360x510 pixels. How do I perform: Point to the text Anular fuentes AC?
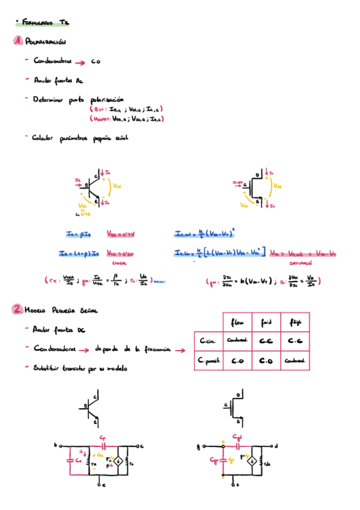(x=53, y=79)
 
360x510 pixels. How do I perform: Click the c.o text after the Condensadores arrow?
(x=96, y=61)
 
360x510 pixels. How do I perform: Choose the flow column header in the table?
(x=237, y=321)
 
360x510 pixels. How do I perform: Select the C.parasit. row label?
(x=208, y=361)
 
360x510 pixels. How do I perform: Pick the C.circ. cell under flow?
(x=237, y=341)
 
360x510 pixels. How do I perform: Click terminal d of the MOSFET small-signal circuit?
(x=276, y=446)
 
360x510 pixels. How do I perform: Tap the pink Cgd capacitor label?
(x=239, y=438)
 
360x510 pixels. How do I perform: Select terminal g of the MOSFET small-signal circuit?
(x=198, y=447)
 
